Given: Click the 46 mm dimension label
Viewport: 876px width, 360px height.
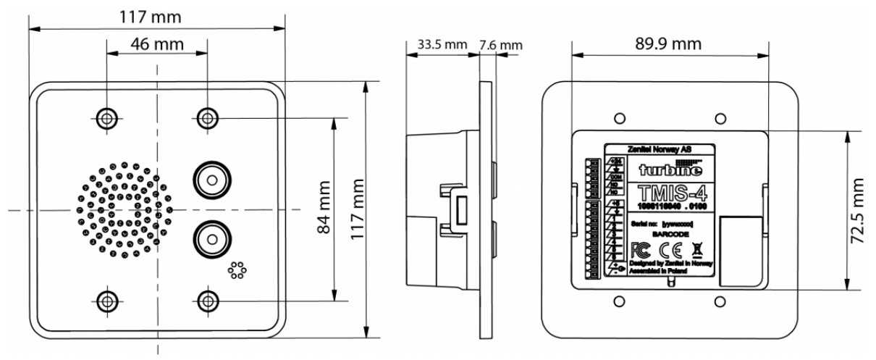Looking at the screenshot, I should click(156, 43).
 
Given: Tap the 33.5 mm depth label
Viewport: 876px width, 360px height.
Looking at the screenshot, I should click(437, 45).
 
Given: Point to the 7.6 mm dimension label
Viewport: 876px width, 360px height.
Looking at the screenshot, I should click(500, 45).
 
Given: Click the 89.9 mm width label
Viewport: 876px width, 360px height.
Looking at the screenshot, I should click(667, 43).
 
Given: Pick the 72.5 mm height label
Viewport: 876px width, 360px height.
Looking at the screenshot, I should click(858, 210).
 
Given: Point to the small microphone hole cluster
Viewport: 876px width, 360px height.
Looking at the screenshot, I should click(237, 272).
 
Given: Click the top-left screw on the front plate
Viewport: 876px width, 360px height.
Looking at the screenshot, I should click(107, 117).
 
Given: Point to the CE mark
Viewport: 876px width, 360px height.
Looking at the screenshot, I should click(666, 251).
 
